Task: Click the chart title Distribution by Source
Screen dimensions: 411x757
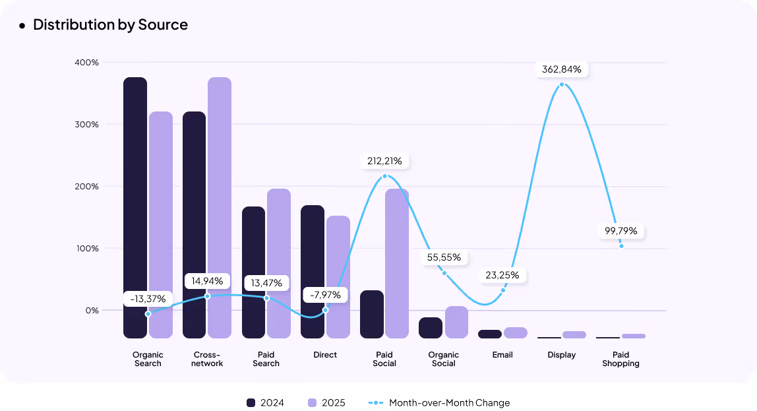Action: pyautogui.click(x=110, y=25)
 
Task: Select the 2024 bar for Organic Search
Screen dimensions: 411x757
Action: pyautogui.click(x=135, y=208)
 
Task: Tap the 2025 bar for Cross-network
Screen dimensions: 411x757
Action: pyautogui.click(x=220, y=208)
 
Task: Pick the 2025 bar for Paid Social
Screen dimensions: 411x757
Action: pyautogui.click(x=397, y=263)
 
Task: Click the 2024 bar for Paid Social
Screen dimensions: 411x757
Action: pyautogui.click(x=372, y=314)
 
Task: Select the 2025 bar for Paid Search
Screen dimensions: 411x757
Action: pyautogui.click(x=279, y=263)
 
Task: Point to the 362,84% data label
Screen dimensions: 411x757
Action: pyautogui.click(x=562, y=69)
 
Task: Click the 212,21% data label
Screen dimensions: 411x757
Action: pyautogui.click(x=384, y=161)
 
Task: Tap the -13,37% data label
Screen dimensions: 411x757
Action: pyautogui.click(x=148, y=299)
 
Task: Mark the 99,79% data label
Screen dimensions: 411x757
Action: pyautogui.click(x=621, y=231)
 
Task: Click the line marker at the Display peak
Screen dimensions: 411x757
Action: pyautogui.click(x=562, y=84)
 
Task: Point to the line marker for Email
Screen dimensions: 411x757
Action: pyautogui.click(x=502, y=290)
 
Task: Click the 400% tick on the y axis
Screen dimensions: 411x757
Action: pyautogui.click(x=86, y=63)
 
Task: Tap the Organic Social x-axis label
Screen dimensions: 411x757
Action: pyautogui.click(x=444, y=359)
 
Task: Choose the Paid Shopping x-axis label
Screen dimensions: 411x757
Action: pyautogui.click(x=621, y=359)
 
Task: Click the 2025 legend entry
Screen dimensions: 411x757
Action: pyautogui.click(x=326, y=402)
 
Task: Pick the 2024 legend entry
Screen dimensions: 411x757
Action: pyautogui.click(x=265, y=402)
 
